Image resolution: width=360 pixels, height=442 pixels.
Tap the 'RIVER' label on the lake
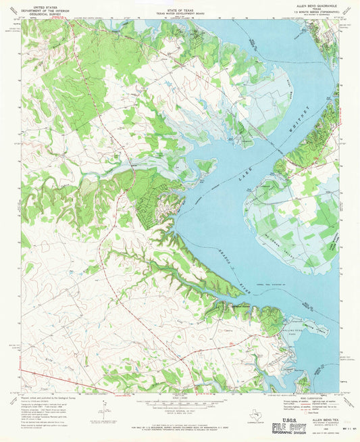(x=237, y=272)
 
